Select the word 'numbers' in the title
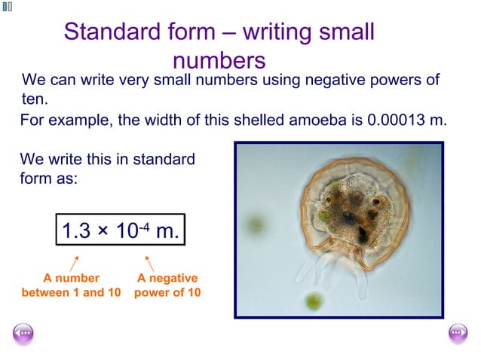coord(219,59)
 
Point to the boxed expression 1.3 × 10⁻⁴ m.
coord(120,230)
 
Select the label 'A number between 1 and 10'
coord(71,285)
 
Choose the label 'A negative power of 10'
coord(167,285)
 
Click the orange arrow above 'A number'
coord(74,263)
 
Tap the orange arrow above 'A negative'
coord(149,263)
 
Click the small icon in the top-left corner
coord(8,7)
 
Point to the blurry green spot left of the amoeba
coord(257,224)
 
